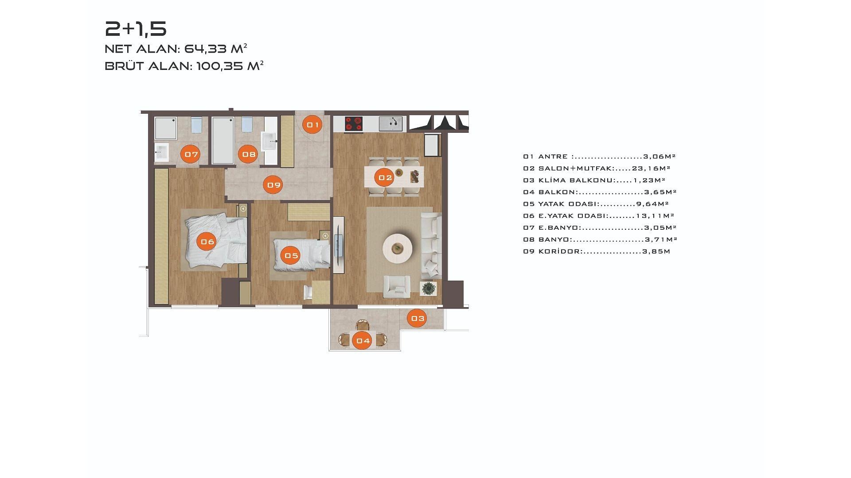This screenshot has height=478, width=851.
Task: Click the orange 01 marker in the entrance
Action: point(312,125)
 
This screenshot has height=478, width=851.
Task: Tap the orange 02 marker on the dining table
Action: point(385,178)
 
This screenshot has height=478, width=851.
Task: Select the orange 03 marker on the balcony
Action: point(417,318)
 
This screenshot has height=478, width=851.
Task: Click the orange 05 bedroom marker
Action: point(291,255)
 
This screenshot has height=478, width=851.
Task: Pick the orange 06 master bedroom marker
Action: point(207,242)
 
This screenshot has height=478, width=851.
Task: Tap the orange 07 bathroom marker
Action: point(191,154)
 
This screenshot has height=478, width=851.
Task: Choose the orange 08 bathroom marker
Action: point(248,154)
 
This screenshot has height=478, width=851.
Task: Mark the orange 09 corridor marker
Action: point(273,185)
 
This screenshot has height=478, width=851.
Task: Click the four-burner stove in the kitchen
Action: point(354,123)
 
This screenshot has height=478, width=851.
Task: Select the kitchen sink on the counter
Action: point(390,123)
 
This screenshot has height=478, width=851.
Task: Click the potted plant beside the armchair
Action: point(429,289)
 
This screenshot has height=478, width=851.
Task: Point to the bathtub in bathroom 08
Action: point(223,141)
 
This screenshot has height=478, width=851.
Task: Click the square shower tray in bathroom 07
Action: point(166,128)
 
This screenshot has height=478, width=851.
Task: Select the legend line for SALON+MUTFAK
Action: point(597,168)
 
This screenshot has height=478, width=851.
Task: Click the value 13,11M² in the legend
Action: point(655,216)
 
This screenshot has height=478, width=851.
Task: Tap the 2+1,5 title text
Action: point(136,29)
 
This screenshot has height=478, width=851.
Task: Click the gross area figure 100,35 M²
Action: point(230,66)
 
